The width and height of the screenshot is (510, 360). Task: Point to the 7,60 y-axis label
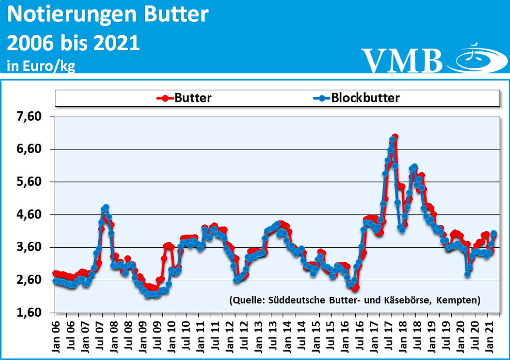[29, 117]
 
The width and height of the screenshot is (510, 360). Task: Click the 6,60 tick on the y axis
[29, 149]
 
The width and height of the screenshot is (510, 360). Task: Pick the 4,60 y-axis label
[29, 215]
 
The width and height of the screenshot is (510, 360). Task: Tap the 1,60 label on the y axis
[29, 312]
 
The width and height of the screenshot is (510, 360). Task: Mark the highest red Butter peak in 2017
[395, 137]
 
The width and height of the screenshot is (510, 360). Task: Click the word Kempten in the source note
[458, 300]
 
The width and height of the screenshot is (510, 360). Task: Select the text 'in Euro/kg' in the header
[41, 66]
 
